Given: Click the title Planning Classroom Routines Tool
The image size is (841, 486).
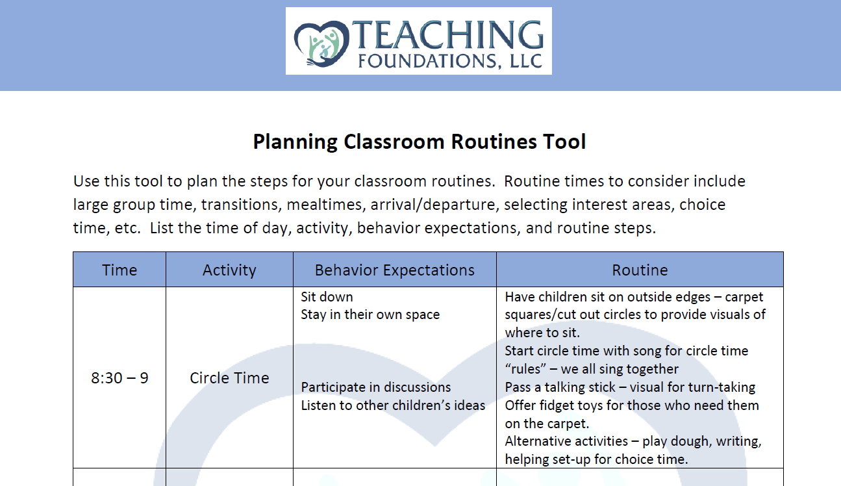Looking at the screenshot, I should (420, 142).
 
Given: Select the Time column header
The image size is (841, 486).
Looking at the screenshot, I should (119, 270).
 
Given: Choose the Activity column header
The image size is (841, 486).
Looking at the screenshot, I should (229, 270).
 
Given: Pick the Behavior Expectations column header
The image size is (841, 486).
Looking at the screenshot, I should (395, 270).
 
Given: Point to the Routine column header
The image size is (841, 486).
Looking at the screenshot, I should (640, 270).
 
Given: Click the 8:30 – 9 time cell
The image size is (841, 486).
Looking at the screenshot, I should (119, 377).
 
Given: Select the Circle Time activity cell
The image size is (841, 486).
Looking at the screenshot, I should (229, 377).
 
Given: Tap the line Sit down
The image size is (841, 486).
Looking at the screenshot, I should (327, 297).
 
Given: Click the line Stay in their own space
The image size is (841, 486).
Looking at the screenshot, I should (370, 314).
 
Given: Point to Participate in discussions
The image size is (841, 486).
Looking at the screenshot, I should (376, 387).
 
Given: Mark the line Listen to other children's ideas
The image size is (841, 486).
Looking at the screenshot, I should (393, 405).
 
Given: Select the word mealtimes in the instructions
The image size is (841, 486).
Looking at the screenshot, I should (325, 205).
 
